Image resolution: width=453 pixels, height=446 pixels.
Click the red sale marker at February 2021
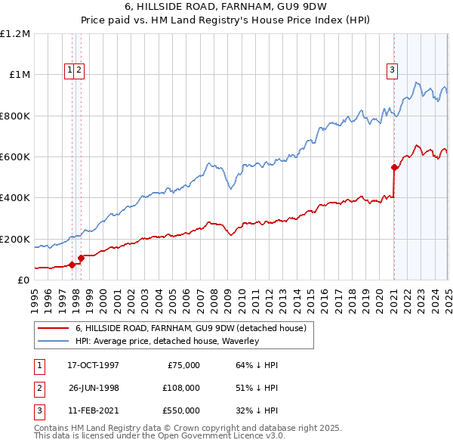point(394,168)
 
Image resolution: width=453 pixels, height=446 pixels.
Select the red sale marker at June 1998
point(82,258)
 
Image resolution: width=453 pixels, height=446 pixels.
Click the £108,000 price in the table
point(181,388)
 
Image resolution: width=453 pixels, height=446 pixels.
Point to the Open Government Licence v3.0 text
point(206,436)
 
